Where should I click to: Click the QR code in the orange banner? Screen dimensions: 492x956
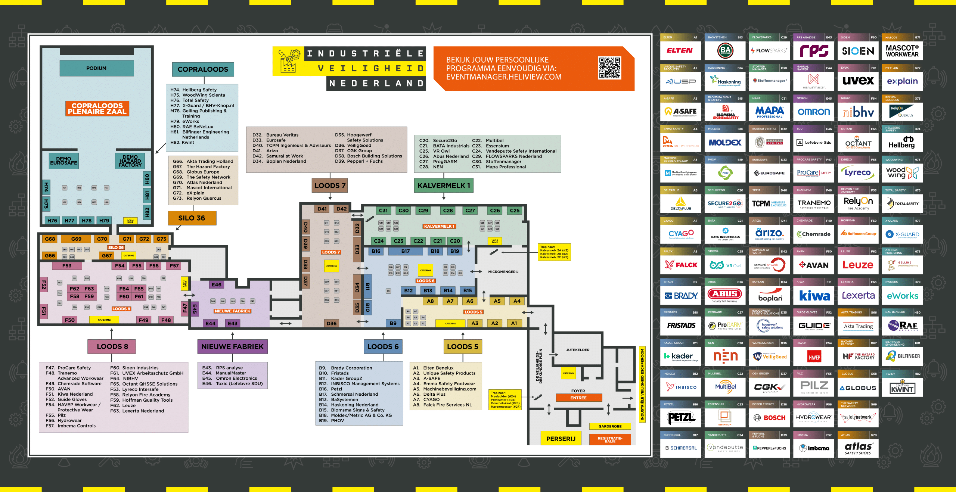[609, 68]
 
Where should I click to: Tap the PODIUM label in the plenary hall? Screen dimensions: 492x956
[96, 68]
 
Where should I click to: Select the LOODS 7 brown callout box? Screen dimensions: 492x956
[330, 186]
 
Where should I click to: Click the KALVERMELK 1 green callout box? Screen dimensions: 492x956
[443, 186]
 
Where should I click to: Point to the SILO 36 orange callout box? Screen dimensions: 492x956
[192, 218]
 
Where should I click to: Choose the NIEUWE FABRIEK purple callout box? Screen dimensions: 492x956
[232, 346]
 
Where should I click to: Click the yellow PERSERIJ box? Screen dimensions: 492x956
[561, 439]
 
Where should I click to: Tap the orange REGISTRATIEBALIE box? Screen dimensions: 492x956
[610, 440]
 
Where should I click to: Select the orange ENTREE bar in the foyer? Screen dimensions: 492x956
[578, 398]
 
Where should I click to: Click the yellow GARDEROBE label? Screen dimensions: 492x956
[610, 426]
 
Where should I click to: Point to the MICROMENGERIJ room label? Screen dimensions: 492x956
[503, 272]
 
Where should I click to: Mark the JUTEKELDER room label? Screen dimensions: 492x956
[578, 350]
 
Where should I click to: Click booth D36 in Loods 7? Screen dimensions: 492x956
[331, 323]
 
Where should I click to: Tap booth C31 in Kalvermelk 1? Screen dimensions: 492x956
[383, 211]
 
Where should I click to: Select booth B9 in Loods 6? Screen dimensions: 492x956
[393, 323]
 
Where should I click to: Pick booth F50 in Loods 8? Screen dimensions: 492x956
[69, 320]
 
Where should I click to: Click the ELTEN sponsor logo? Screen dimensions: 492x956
[680, 51]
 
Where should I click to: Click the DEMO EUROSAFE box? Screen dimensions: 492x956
[64, 161]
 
